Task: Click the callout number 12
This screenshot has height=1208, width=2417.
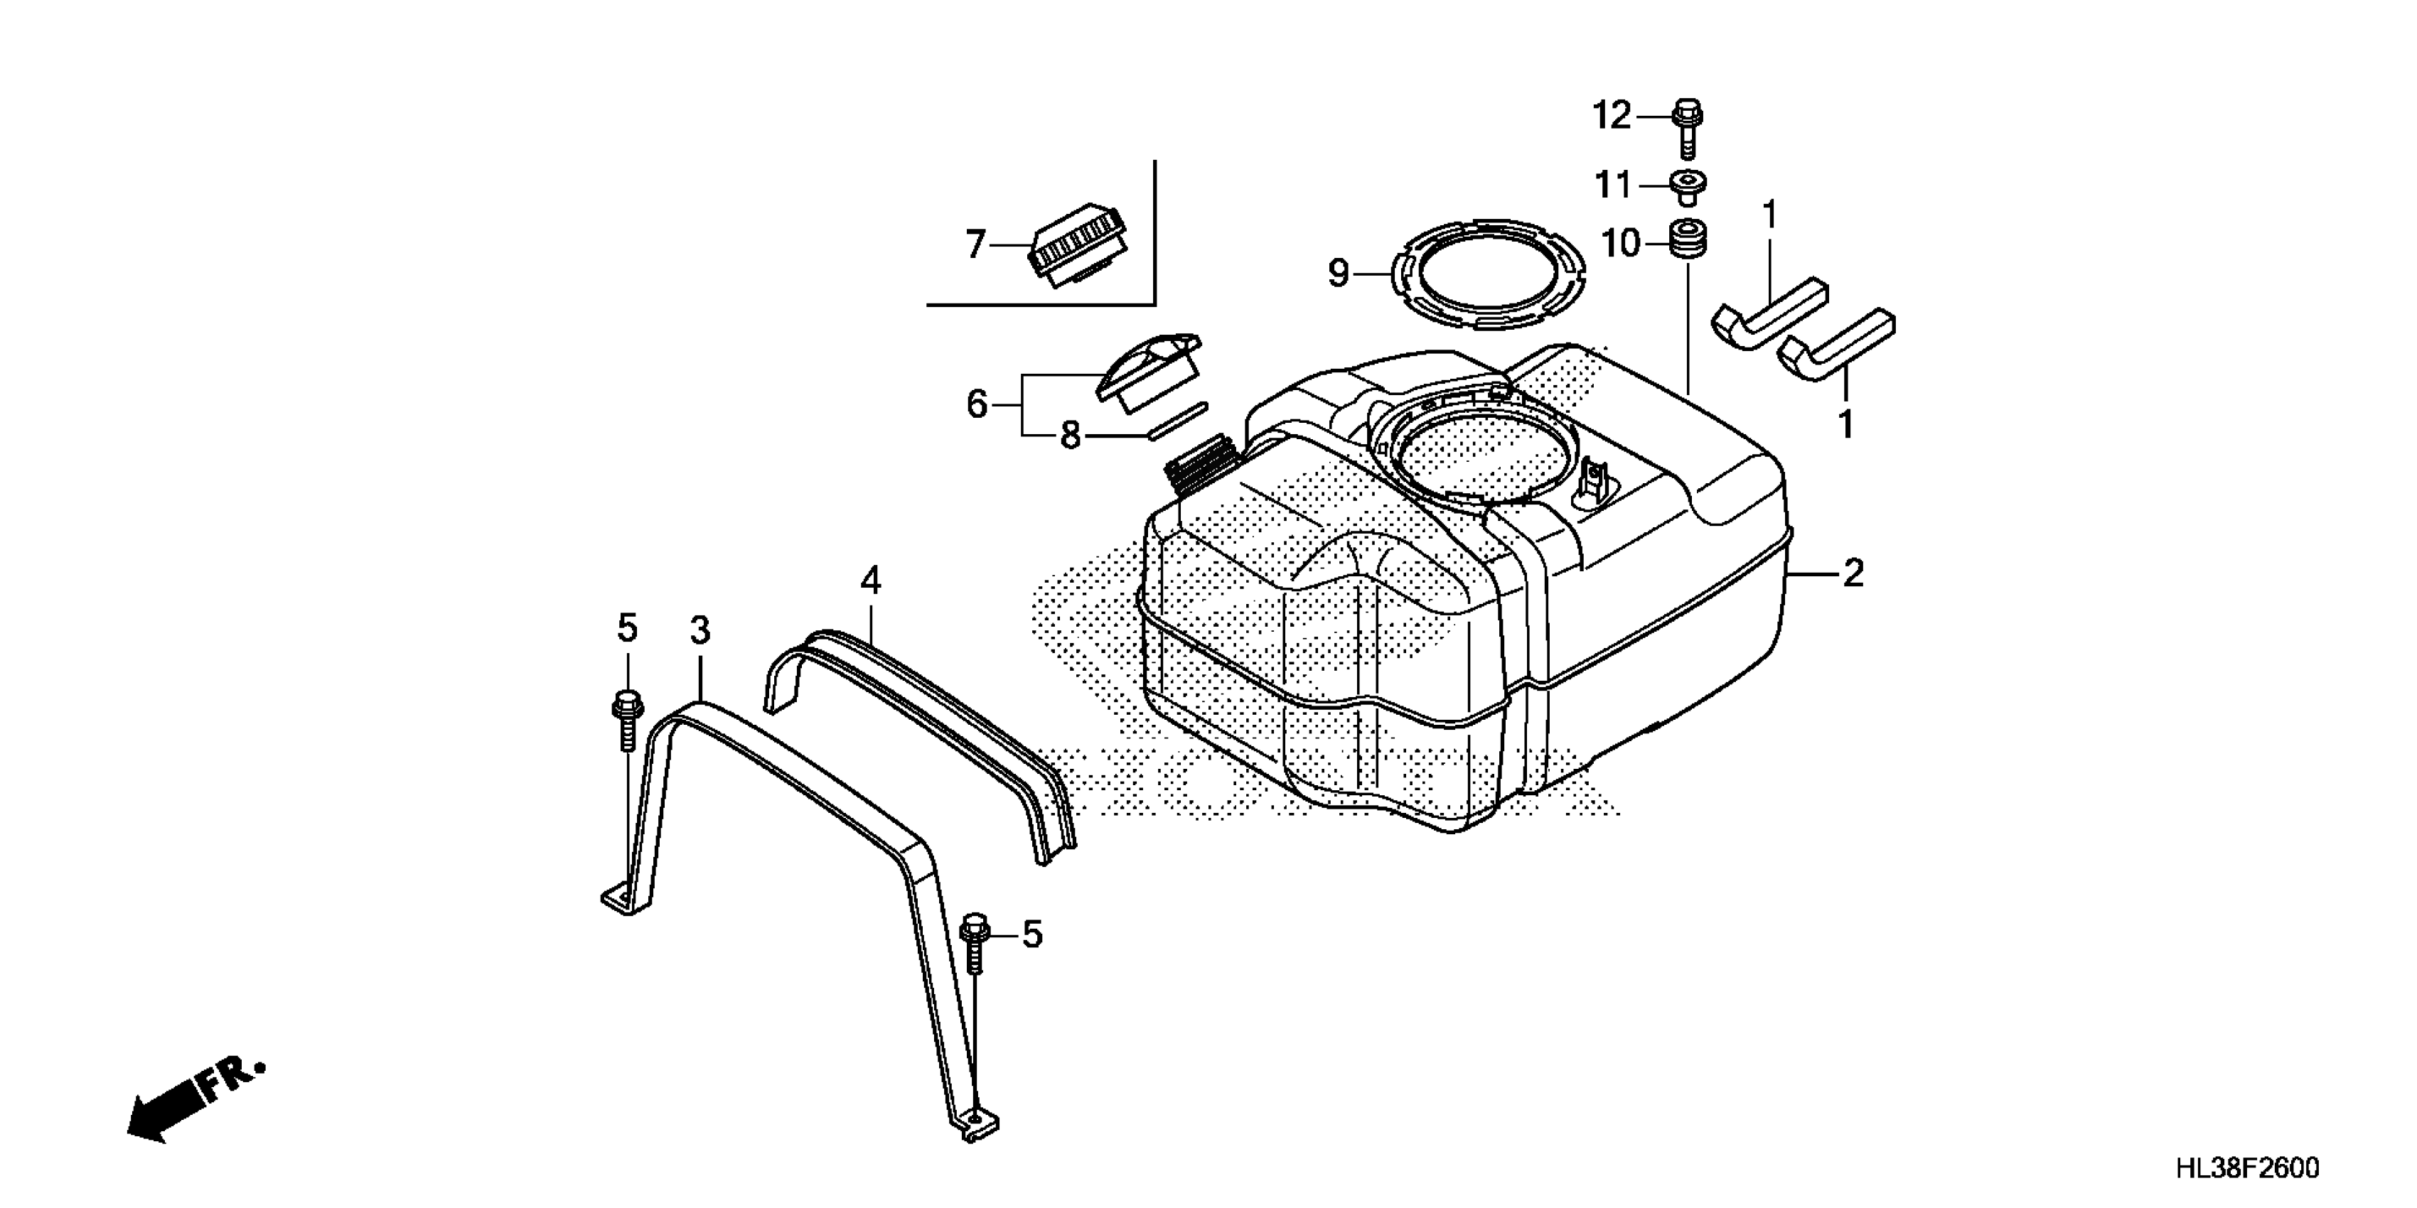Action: [1612, 117]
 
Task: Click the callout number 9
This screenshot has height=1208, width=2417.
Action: [1339, 273]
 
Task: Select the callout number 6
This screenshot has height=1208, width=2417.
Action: [977, 404]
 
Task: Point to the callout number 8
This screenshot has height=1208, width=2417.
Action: [1070, 436]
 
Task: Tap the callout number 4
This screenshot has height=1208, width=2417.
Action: [871, 581]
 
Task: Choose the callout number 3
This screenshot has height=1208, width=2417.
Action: [700, 631]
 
